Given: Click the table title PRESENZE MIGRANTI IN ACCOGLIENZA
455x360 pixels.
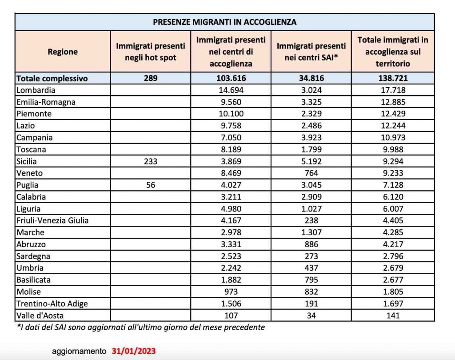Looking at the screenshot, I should click(224, 22).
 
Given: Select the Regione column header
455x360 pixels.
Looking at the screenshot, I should click(63, 52).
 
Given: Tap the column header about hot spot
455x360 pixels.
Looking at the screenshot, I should click(150, 52).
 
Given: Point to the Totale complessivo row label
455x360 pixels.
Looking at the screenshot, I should click(52, 78).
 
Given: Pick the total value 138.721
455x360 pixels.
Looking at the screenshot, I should click(393, 78).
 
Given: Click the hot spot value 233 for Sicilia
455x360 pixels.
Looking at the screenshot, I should click(150, 161).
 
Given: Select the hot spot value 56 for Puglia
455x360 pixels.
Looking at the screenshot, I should click(150, 185).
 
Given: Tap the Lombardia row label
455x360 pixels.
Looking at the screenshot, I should click(36, 90).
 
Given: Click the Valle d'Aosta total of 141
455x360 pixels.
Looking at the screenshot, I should click(393, 316).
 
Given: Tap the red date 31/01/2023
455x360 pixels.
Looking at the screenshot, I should click(133, 351).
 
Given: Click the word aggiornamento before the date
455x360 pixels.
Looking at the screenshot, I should click(80, 351).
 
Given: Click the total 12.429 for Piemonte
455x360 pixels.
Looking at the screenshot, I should click(393, 114).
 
